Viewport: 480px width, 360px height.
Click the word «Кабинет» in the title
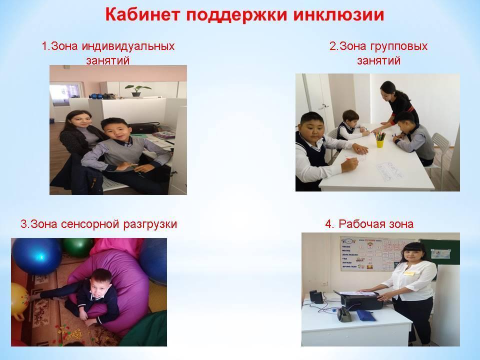click(x=142, y=14)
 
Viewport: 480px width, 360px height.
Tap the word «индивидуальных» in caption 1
click(x=128, y=46)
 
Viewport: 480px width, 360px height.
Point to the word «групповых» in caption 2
click(x=399, y=46)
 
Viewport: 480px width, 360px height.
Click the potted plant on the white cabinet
click(x=137, y=90)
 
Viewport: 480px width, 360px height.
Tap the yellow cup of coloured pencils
click(x=380, y=139)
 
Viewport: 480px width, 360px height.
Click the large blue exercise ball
click(x=36, y=256)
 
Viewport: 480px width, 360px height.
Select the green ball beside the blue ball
click(x=78, y=247)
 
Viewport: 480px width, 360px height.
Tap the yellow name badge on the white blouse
click(x=409, y=272)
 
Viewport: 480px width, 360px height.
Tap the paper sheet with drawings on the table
click(x=389, y=172)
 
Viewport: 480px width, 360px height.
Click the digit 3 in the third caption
click(x=23, y=224)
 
